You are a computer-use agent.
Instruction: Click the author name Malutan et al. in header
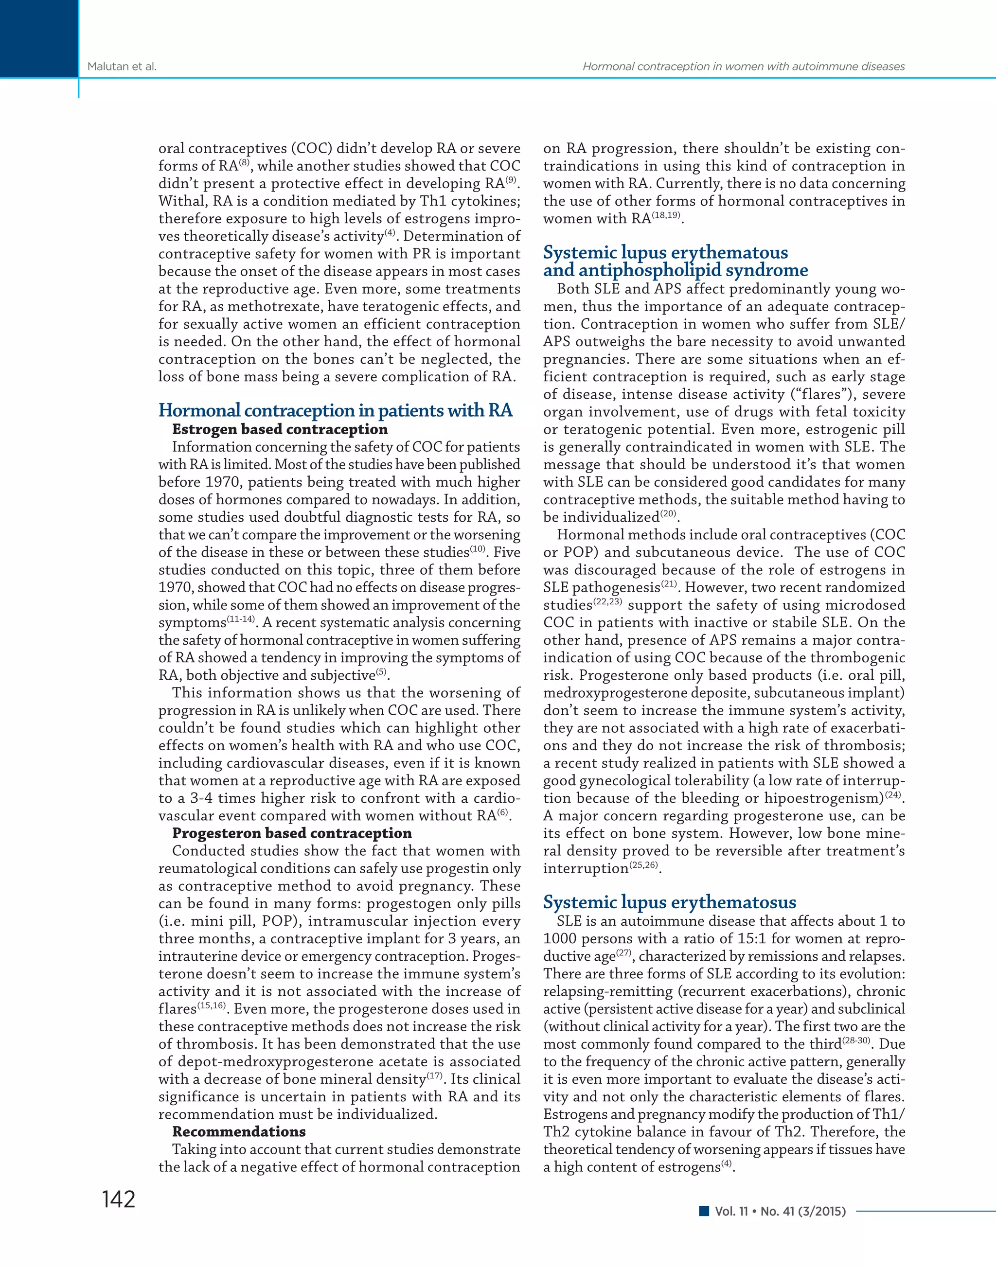coord(122,67)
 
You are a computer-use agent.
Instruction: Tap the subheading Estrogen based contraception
coord(280,429)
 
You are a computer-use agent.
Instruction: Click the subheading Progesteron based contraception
coord(292,833)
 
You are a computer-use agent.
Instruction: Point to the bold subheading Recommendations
coord(239,1131)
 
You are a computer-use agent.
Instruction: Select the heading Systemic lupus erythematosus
coord(670,902)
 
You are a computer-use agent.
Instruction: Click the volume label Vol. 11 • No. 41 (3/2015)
coord(780,1211)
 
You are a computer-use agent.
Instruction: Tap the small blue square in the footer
coord(704,1211)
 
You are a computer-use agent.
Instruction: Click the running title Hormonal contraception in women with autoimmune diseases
coord(744,67)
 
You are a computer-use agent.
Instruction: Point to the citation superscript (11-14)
coord(240,618)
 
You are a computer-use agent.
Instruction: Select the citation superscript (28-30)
coord(856,1040)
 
